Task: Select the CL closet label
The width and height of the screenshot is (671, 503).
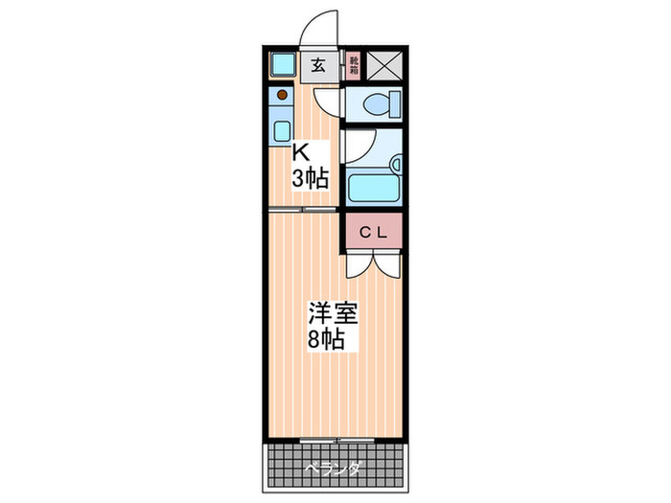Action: pos(373,231)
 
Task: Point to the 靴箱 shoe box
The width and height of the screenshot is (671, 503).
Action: pos(353,64)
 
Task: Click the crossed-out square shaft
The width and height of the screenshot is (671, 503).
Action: pos(383,64)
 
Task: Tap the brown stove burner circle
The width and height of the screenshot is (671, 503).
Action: pos(282,95)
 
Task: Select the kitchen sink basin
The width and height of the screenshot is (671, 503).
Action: pos(282,129)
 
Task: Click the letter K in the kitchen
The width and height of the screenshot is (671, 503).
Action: pos(300,152)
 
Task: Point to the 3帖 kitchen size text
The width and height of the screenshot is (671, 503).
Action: pos(312,177)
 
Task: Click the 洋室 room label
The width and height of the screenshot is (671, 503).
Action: pos(326,313)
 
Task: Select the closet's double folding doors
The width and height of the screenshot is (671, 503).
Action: pos(372,264)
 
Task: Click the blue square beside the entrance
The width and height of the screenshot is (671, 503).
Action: pos(282,65)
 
